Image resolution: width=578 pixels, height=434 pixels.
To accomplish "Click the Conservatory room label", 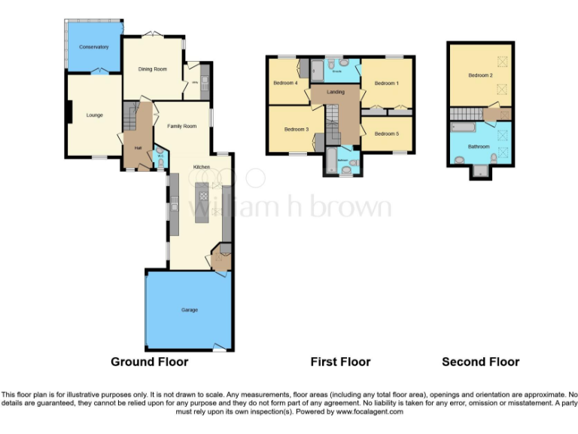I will (x=94, y=47).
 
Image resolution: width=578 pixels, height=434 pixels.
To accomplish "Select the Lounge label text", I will (x=94, y=115).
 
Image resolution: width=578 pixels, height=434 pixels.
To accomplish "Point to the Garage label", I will (x=189, y=310).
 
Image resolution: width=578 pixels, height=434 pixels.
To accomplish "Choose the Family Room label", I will (x=181, y=126).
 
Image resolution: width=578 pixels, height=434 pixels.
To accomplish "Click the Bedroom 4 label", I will (x=285, y=82).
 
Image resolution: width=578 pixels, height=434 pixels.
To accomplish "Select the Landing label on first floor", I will (x=336, y=92).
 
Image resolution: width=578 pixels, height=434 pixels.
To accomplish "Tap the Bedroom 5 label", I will (x=386, y=133).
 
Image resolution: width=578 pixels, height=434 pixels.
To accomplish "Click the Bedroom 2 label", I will (x=480, y=75).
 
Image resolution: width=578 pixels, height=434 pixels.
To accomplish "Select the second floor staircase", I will (x=467, y=114).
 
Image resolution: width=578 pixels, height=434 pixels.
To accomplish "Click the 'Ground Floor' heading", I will (x=149, y=362).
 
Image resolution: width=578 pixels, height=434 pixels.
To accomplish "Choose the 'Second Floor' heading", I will (x=480, y=362).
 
